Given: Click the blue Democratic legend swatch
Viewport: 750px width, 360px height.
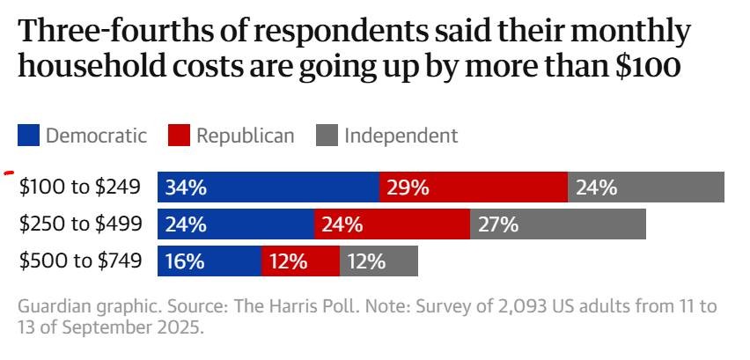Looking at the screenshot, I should [x=29, y=136].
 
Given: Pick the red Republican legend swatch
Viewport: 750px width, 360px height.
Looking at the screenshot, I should [x=180, y=136].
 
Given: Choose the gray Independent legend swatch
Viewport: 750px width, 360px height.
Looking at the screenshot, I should [x=327, y=136].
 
